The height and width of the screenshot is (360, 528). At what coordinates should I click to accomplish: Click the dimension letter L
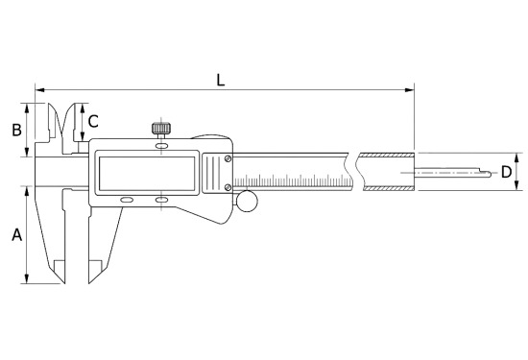pyautogui.click(x=220, y=81)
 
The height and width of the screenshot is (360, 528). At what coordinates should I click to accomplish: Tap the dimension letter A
pyautogui.click(x=17, y=235)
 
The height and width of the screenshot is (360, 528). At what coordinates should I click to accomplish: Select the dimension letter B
pyautogui.click(x=17, y=130)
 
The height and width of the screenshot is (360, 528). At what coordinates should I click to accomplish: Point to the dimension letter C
pyautogui.click(x=93, y=122)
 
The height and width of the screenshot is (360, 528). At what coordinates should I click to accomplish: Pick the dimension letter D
pyautogui.click(x=506, y=172)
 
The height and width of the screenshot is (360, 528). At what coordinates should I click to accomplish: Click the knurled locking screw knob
pyautogui.click(x=161, y=129)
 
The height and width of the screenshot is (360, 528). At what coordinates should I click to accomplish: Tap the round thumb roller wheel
pyautogui.click(x=247, y=201)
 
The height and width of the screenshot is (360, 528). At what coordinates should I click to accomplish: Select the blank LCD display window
pyautogui.click(x=147, y=173)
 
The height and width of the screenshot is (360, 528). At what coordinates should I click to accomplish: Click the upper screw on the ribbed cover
pyautogui.click(x=228, y=158)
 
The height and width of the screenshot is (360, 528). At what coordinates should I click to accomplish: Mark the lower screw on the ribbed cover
pyautogui.click(x=228, y=187)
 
